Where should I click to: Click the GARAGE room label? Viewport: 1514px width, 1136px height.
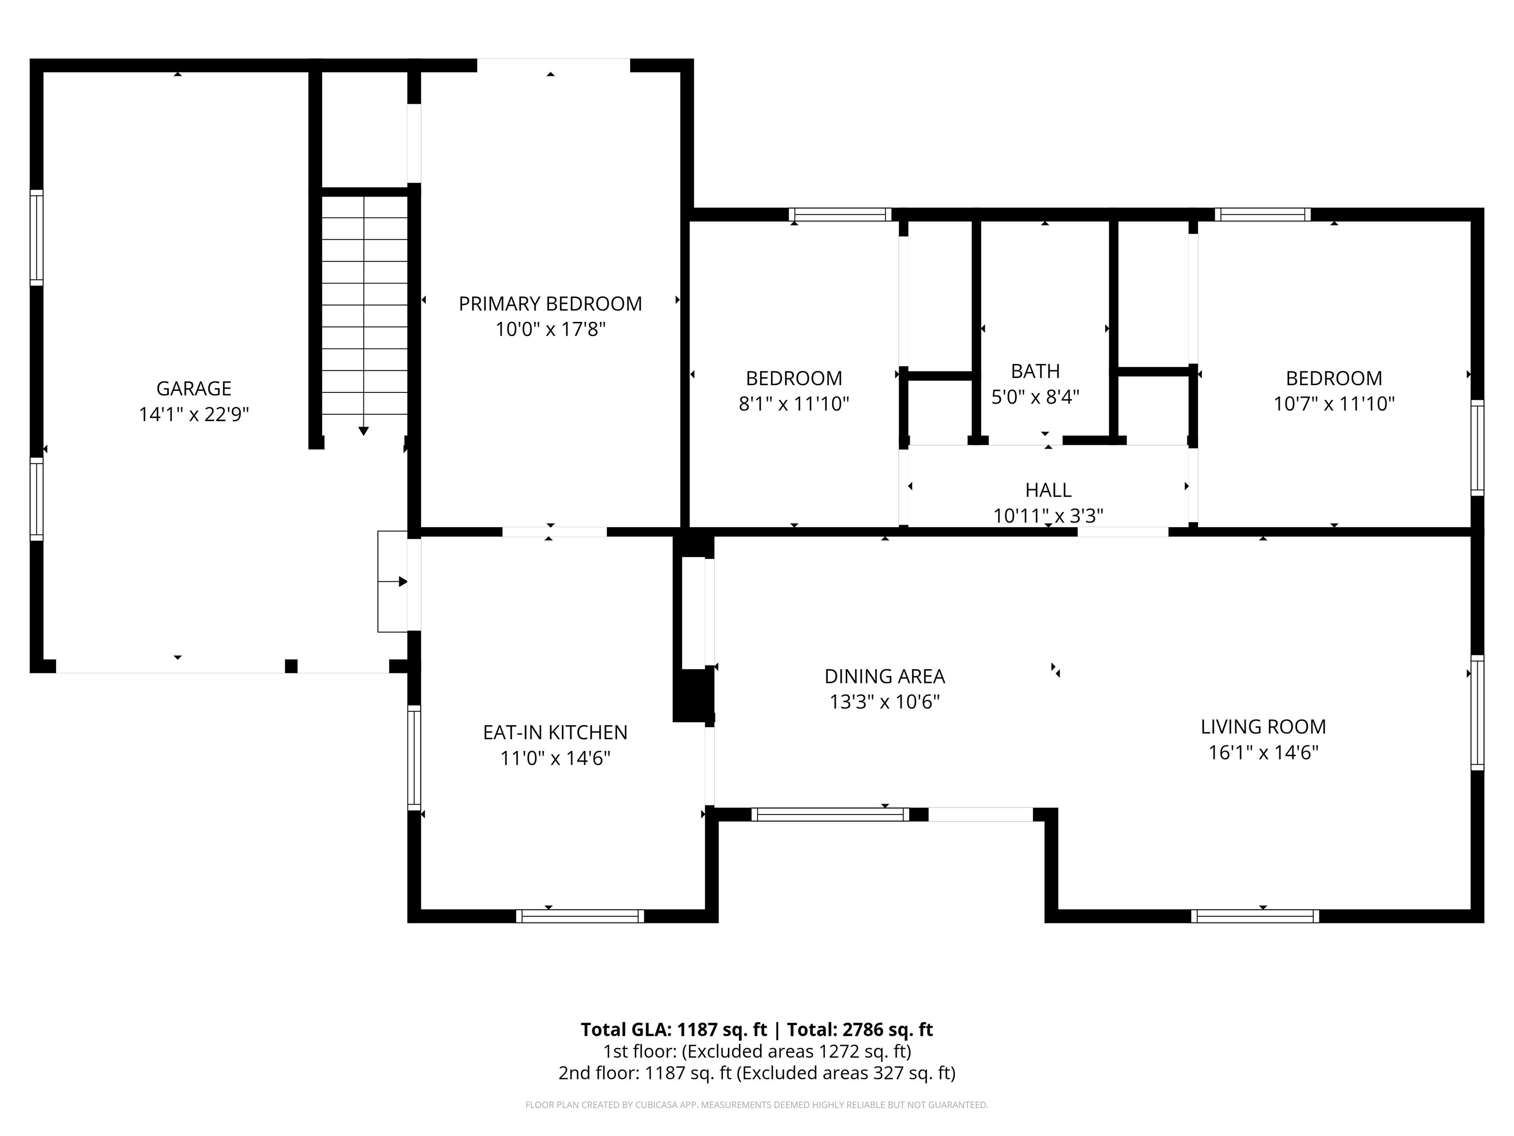[194, 388]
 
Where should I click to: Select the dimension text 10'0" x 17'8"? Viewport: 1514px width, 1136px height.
[551, 329]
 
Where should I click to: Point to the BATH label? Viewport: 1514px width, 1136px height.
[1035, 371]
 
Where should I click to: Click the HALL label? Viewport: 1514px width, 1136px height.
[1048, 490]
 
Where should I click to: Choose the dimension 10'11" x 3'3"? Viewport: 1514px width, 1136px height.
[1048, 516]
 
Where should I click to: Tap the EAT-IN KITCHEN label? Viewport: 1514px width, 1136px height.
[555, 733]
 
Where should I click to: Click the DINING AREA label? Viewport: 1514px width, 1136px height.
[884, 676]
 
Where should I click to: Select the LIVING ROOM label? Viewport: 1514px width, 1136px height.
[1263, 727]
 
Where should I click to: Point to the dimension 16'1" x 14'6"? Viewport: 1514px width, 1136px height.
[1263, 752]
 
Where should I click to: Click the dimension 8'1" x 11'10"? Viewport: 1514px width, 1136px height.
[793, 404]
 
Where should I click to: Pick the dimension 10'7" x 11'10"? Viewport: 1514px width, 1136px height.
[1333, 404]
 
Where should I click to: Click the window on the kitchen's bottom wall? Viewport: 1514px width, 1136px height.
[580, 916]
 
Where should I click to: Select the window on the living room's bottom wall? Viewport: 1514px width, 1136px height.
[1255, 916]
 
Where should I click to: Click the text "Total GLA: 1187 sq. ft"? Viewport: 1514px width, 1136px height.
[674, 1030]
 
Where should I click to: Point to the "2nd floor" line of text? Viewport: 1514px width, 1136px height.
[757, 1073]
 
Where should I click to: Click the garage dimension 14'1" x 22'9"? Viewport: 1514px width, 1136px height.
[194, 414]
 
